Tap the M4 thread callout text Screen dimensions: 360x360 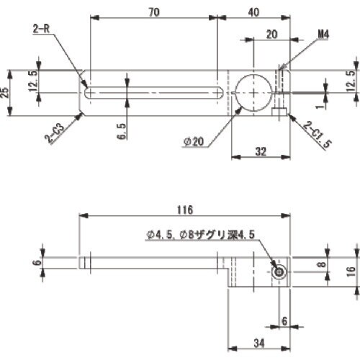pos(325,33)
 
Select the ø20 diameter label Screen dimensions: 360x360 pos(195,143)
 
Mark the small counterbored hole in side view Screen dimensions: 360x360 pos(279,271)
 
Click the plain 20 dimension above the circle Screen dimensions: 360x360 pos(271,33)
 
